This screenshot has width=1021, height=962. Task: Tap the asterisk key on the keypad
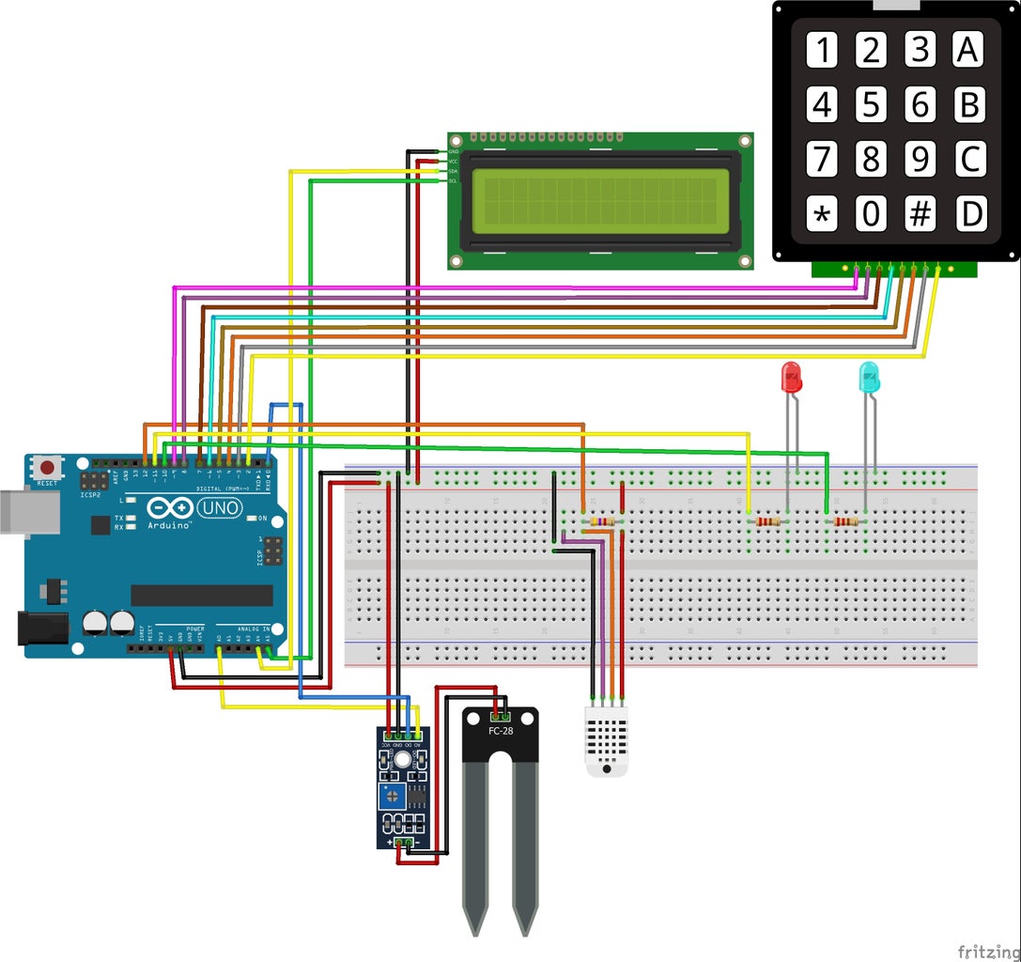pos(822,215)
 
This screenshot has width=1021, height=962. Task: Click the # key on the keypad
pos(920,215)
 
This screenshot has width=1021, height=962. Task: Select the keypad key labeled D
pos(970,215)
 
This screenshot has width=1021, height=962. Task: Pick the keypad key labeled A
pos(967,50)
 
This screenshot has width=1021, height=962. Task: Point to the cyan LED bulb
pos(870,378)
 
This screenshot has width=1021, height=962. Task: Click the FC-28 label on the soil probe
pos(501,730)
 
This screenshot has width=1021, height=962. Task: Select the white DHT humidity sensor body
pos(606,740)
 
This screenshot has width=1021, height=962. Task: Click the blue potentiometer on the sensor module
pos(388,799)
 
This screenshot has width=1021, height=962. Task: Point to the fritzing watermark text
pos(988,951)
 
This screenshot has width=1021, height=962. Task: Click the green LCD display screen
pos(600,201)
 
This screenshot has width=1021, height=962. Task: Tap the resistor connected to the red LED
pos(768,521)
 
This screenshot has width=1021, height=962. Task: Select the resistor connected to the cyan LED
pos(846,521)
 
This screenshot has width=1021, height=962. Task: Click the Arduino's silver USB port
pos(28,513)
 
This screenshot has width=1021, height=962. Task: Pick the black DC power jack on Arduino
pos(42,628)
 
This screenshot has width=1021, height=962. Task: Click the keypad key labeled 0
pos(871,215)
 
